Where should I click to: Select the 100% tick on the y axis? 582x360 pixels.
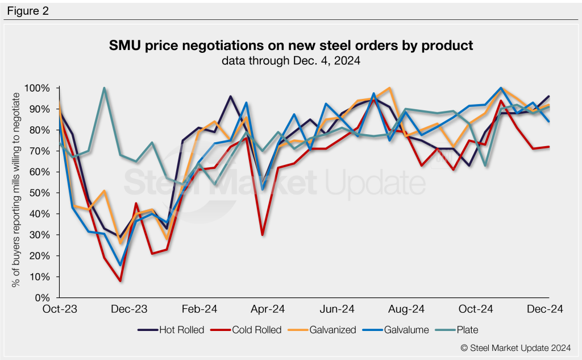[38, 88]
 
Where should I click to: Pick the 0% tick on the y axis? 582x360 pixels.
[43, 297]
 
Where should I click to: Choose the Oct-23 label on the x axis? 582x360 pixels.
[60, 309]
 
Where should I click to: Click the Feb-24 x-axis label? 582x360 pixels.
[199, 309]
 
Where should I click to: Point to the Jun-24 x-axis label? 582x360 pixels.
[338, 309]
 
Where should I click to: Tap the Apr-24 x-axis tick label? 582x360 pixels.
[268, 309]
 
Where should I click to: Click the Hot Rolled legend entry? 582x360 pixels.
[171, 330]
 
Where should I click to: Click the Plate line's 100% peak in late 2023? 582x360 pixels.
[105, 88]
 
